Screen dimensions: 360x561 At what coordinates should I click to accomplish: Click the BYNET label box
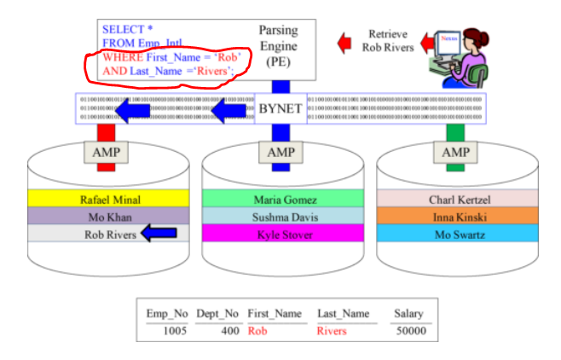click(281, 109)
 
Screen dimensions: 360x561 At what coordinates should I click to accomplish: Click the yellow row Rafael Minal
click(107, 200)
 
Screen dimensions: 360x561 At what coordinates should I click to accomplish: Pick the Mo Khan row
click(107, 217)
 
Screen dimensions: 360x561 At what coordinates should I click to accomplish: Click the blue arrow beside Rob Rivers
click(159, 234)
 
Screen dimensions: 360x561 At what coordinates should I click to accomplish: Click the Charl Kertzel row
click(456, 200)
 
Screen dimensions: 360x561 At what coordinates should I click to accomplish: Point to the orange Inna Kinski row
click(456, 217)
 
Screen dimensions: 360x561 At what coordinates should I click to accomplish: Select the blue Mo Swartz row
click(456, 233)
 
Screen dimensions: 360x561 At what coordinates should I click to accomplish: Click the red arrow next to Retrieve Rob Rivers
click(345, 41)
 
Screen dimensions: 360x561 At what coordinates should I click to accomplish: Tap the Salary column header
click(408, 314)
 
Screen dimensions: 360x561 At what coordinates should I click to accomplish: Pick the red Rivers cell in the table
click(332, 331)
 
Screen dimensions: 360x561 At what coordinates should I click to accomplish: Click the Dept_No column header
click(217, 314)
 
